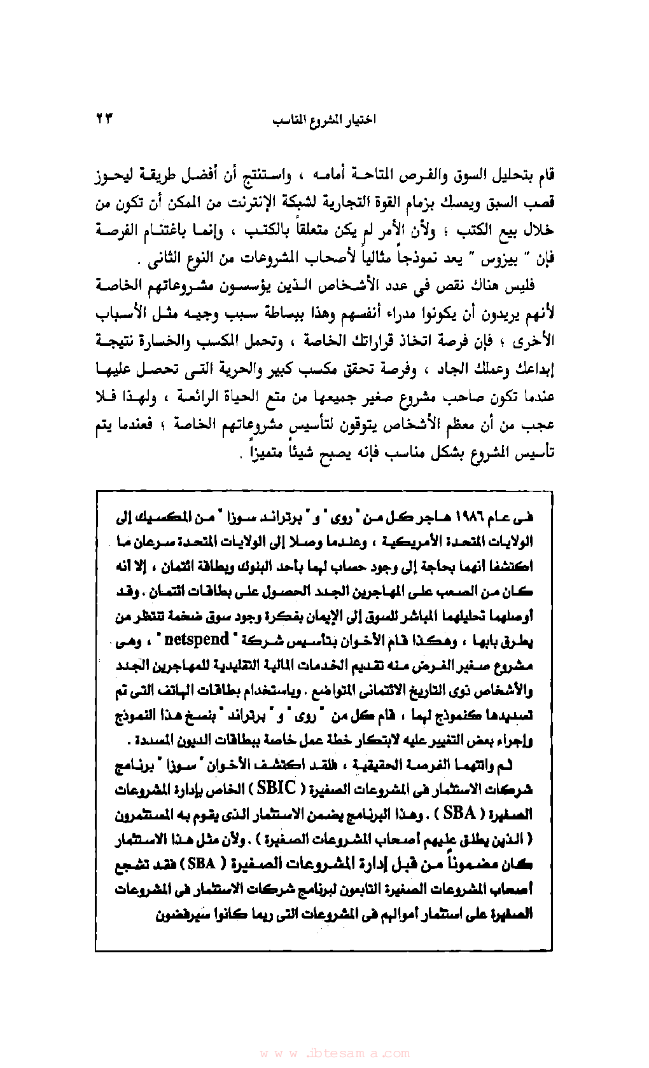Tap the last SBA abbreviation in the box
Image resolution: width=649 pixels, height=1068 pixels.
click(201, 863)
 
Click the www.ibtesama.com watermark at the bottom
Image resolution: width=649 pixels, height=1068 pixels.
click(335, 1053)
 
